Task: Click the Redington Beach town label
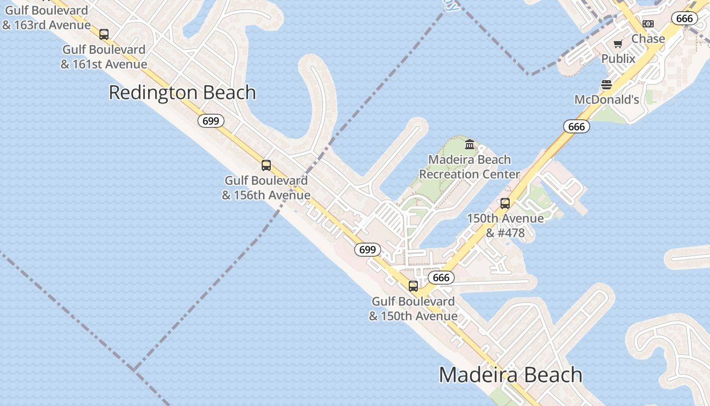coord(182,93)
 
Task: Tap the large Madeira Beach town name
coord(510,375)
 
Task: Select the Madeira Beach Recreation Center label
coord(470,167)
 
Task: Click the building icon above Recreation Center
coord(470,145)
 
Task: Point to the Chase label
coord(648,39)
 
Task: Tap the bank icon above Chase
coord(648,24)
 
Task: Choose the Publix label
coord(618,59)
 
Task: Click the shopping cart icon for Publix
coord(618,44)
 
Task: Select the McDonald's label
coord(607,100)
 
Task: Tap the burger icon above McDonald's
coord(607,84)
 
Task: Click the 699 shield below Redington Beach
coord(210,121)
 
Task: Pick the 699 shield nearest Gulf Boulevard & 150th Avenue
coord(367,250)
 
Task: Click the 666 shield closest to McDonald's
coord(577,126)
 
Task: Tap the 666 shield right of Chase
coord(684,19)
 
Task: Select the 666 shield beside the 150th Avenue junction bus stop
coord(441,278)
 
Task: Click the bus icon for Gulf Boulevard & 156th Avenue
coord(266,165)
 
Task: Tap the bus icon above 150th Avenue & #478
coord(505,204)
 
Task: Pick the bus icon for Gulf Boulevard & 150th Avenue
coord(413,286)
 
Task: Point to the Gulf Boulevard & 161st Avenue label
coord(104,57)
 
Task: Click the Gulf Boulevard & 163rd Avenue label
coord(47,17)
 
